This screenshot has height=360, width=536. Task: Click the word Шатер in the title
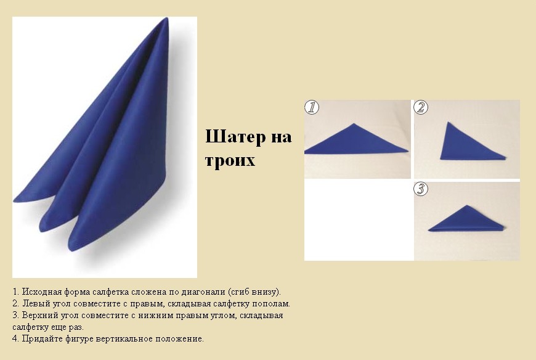235,137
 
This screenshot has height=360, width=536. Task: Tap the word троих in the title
230,160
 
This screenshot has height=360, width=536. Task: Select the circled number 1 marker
312,107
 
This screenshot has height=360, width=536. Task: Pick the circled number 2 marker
421,107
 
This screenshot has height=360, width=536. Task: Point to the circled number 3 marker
421,189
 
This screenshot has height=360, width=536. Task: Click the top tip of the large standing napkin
167,18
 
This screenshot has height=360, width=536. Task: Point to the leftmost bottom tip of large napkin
14,201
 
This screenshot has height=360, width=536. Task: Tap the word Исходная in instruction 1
42,292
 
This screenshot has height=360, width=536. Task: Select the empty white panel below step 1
359,220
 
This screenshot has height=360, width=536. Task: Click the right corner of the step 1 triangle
408,150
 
